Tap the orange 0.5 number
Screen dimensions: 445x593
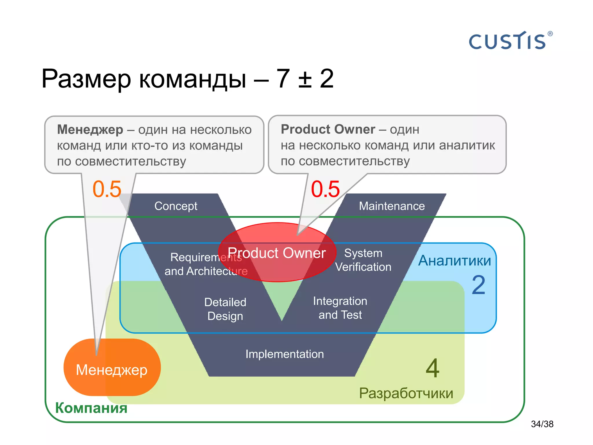(107, 189)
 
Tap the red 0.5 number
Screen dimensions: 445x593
(325, 189)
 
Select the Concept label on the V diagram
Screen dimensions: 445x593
(176, 206)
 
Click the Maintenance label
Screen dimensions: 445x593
(392, 206)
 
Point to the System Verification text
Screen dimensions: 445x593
(363, 260)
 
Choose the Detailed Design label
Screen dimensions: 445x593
(225, 309)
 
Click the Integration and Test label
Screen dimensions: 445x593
(340, 308)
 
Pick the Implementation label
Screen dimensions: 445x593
(285, 354)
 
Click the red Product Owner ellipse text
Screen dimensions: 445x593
(277, 253)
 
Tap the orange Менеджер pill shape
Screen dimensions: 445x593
(112, 370)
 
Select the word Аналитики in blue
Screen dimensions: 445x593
(454, 260)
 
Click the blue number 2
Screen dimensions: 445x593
(478, 285)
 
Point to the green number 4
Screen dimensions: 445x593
(433, 368)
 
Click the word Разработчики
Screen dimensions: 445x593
(406, 393)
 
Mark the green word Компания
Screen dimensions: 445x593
(91, 408)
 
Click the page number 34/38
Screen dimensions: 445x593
(542, 424)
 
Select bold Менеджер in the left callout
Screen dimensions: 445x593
(90, 130)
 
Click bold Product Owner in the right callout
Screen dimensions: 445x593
(328, 129)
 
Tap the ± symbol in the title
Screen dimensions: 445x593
(305, 79)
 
